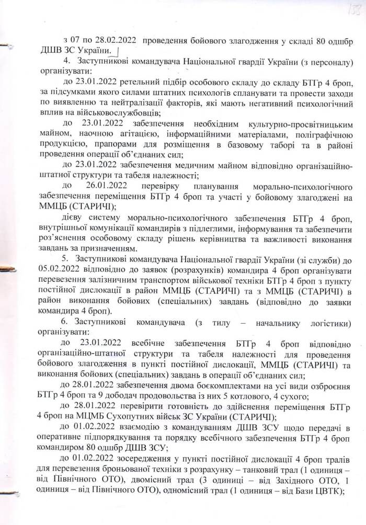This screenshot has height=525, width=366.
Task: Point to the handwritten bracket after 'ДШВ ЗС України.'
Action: pyautogui.click(x=117, y=51)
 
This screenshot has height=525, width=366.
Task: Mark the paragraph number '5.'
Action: pyautogui.click(x=66, y=258)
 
